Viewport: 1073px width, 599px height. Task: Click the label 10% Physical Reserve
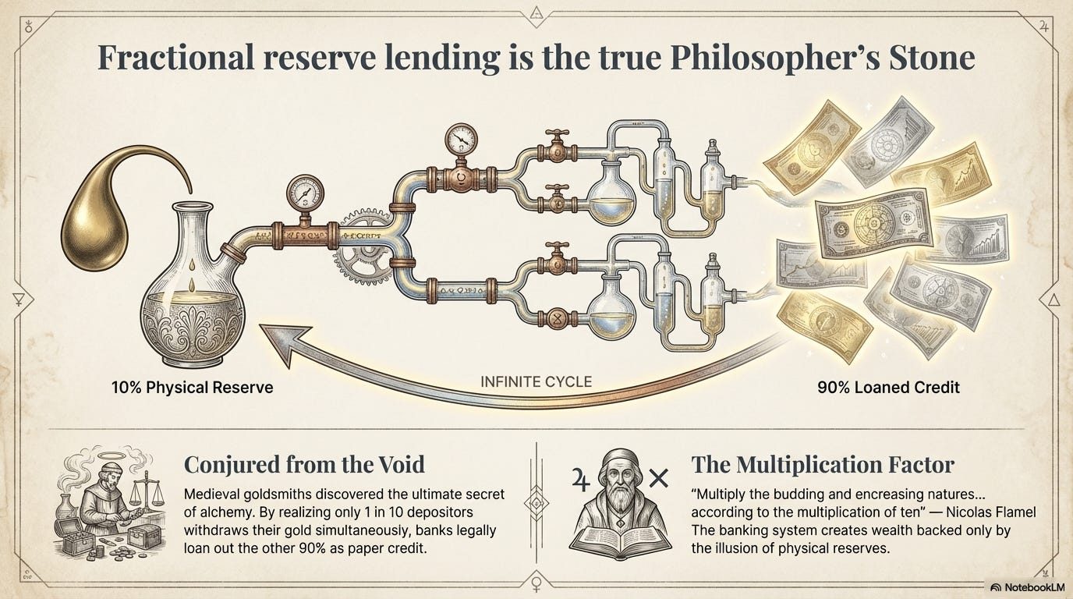click(x=192, y=387)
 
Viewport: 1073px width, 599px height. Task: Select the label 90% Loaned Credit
click(x=889, y=387)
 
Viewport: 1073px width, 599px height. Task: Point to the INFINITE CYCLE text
click(x=536, y=382)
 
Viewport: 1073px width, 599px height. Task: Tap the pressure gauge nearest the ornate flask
click(x=305, y=194)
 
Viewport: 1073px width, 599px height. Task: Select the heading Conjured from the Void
click(x=304, y=464)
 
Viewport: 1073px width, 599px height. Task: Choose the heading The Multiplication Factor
click(x=823, y=464)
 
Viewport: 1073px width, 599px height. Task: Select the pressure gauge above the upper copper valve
click(x=461, y=139)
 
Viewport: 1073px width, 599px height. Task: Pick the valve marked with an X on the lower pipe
click(x=557, y=319)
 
